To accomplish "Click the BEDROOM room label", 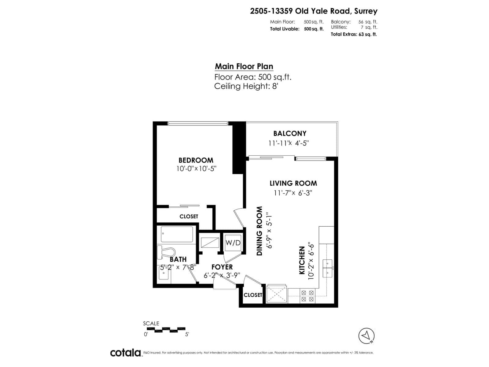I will click(x=196, y=160).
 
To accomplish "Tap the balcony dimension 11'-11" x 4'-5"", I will click(x=289, y=143).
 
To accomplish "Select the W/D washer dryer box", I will click(x=233, y=243).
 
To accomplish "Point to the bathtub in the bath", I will click(x=177, y=235).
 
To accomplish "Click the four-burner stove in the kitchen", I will click(x=307, y=296).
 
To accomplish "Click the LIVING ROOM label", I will click(x=293, y=183).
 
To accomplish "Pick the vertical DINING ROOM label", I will click(x=259, y=231).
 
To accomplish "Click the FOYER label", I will click(x=222, y=267).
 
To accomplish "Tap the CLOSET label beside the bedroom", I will click(x=189, y=216).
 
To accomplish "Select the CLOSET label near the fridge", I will click(x=253, y=295).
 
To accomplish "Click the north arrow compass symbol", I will click(x=366, y=336).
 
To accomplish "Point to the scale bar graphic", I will click(x=170, y=329).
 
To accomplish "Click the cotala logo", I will click(x=126, y=353).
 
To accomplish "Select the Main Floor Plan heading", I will click(x=244, y=66).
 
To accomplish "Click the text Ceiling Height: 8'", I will click(x=246, y=86).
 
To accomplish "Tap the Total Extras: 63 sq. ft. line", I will click(x=354, y=34).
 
